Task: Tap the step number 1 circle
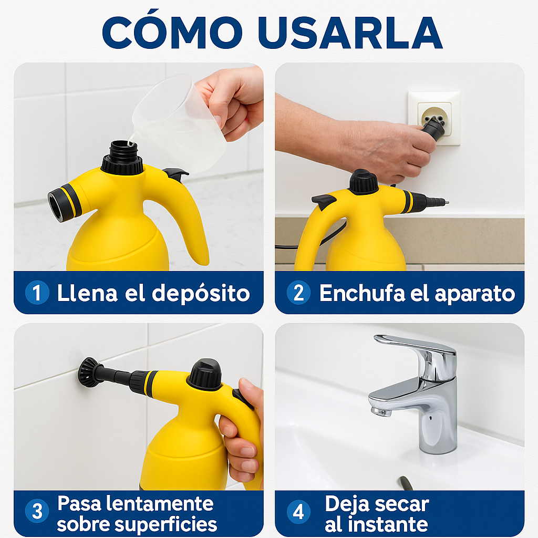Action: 37,293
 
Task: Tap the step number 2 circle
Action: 298,293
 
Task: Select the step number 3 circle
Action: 37,512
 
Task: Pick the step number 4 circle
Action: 298,512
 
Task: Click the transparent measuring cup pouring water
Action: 179,123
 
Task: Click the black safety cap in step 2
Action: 364,182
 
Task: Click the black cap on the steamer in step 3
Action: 205,374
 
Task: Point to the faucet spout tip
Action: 379,409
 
